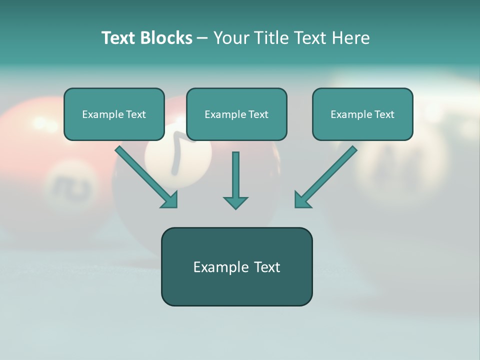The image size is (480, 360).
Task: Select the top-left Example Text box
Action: pos(114,114)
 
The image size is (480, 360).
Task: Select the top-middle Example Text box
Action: pos(236,114)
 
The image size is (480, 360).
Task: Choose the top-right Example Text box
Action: pos(362,114)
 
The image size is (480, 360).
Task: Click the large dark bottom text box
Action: pos(236,266)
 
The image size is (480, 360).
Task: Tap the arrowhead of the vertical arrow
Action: pos(235,202)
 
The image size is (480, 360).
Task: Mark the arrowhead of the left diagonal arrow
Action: pos(170,200)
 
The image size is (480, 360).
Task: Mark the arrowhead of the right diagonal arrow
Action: pos(302,200)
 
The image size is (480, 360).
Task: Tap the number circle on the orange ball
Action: pos(70,185)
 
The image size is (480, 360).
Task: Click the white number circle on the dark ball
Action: pos(177,155)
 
